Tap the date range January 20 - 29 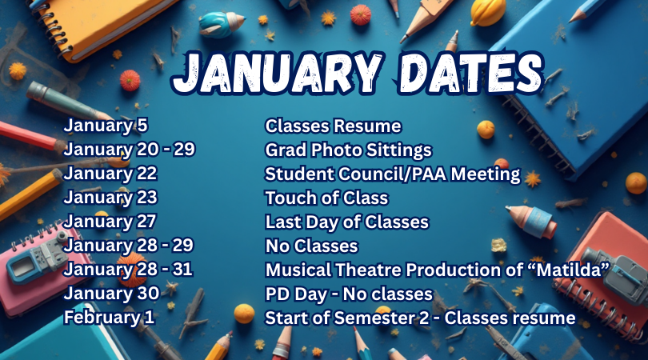130,150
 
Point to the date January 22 110,174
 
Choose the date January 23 110,197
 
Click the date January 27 110,221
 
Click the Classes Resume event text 333,126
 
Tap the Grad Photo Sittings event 348,150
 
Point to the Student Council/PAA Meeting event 392,174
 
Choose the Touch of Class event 326,198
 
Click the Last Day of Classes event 346,222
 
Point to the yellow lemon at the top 487,12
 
